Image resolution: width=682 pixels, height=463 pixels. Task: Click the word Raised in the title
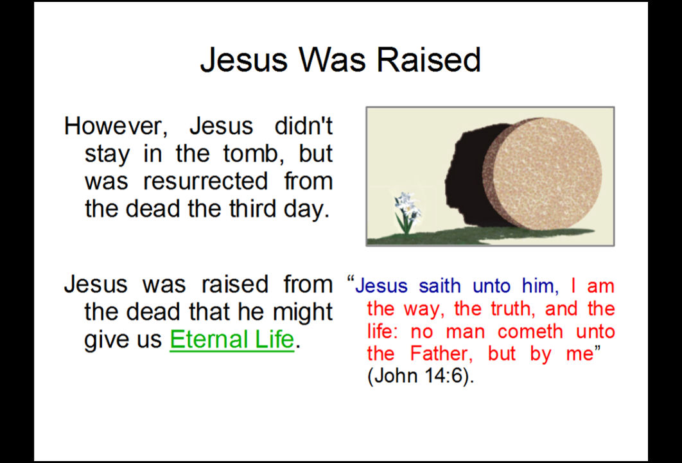tap(428, 59)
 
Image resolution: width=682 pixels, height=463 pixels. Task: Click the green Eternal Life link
tap(232, 339)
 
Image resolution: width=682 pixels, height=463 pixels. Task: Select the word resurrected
tap(205, 181)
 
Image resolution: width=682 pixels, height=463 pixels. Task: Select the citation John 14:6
tap(421, 376)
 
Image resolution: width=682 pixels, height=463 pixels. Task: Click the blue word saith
tap(440, 286)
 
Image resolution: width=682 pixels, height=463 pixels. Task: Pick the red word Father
tap(441, 353)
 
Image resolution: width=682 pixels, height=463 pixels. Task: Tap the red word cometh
tap(530, 331)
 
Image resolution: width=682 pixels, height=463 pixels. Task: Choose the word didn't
tap(303, 126)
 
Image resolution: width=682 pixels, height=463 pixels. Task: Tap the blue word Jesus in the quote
tap(381, 286)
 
